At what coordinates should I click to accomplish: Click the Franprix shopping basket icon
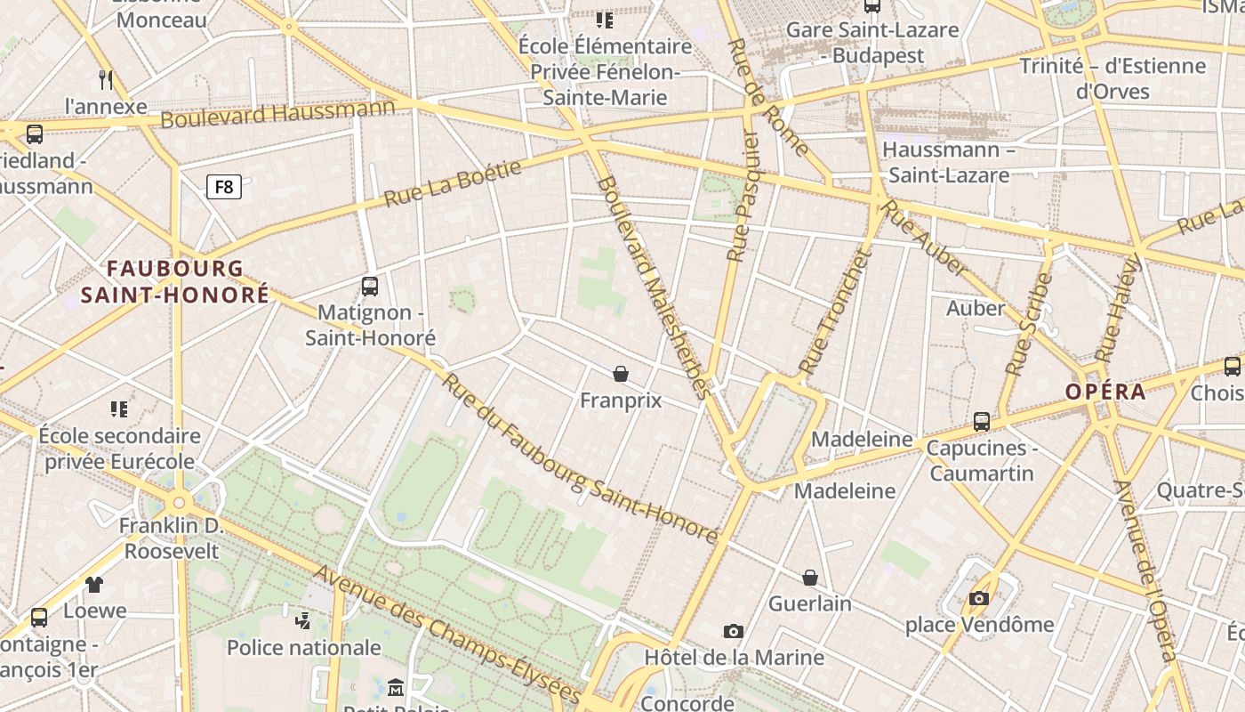621,374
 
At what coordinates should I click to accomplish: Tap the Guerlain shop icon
810,578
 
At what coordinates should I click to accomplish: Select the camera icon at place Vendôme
979,598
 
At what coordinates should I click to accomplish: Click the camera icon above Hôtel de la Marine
734,632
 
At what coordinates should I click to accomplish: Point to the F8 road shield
224,187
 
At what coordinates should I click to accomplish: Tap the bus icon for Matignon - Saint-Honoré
370,287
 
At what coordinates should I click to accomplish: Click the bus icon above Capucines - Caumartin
982,422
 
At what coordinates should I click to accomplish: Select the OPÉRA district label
1105,392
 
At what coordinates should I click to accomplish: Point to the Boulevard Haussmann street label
277,114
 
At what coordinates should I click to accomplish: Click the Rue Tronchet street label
833,311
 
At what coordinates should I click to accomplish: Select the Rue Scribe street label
1028,323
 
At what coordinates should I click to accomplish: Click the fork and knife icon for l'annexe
107,80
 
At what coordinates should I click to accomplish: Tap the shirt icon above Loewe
94,585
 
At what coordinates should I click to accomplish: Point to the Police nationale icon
303,619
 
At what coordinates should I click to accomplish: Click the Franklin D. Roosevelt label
172,538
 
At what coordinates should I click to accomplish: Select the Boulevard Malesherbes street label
654,285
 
